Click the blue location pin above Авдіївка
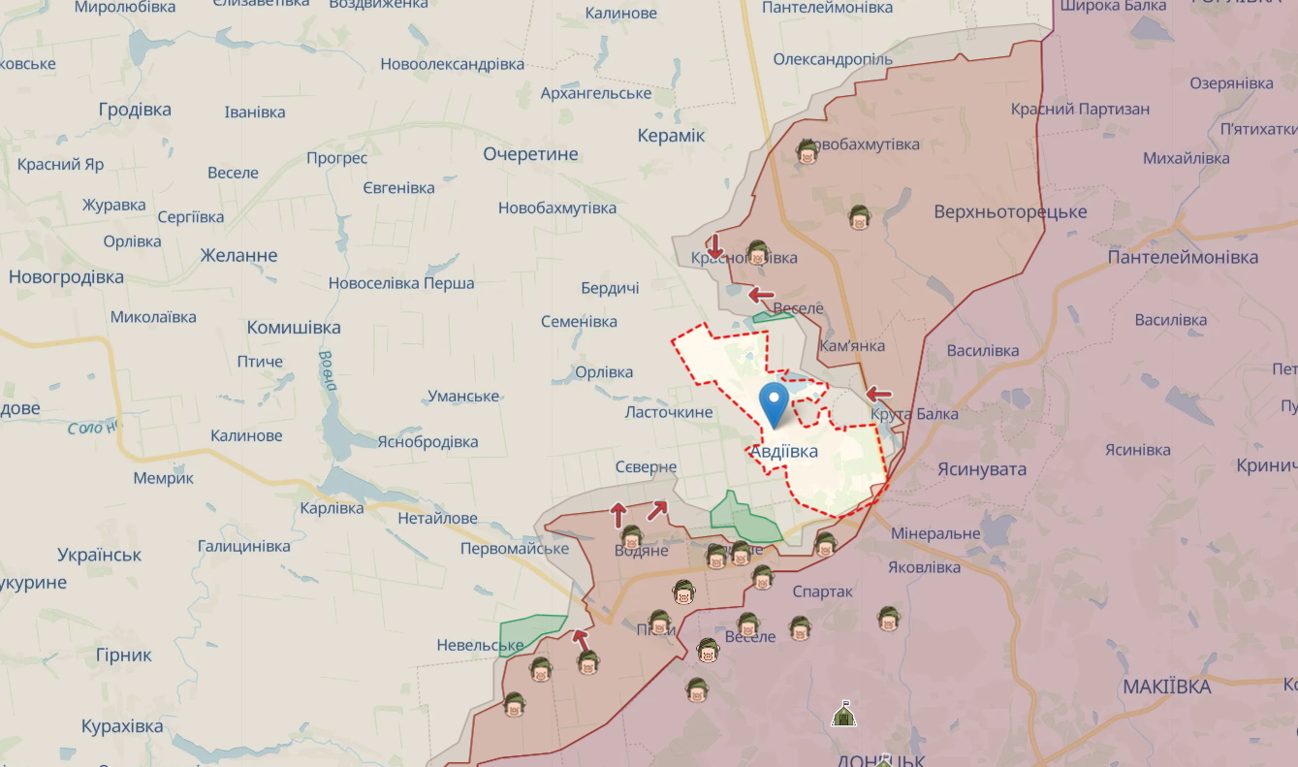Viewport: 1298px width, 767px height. coord(774,402)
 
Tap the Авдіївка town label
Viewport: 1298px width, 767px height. coord(784,452)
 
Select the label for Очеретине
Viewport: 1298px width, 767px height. coord(530,154)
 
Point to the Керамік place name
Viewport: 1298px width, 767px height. coord(671,136)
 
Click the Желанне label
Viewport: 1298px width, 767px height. coord(238,256)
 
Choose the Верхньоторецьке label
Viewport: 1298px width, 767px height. coord(1010,212)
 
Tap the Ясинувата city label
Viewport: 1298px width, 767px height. coord(981,469)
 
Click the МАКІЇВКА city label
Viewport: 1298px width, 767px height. coord(1166,687)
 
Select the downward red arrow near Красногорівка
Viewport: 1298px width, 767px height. coord(714,245)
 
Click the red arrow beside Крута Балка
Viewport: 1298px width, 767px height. coord(878,394)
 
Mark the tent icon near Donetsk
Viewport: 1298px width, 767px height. coord(843,716)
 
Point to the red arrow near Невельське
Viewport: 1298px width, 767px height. coord(580,639)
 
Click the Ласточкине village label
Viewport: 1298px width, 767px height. coord(669,413)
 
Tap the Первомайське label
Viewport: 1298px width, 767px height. coord(515,549)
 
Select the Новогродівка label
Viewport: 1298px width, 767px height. coord(66,277)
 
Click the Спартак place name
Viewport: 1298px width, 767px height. coord(822,591)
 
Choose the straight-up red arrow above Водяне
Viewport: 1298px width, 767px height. coord(618,515)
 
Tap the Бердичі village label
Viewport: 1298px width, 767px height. coord(610,289)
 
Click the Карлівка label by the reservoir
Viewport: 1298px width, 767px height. coord(332,508)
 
